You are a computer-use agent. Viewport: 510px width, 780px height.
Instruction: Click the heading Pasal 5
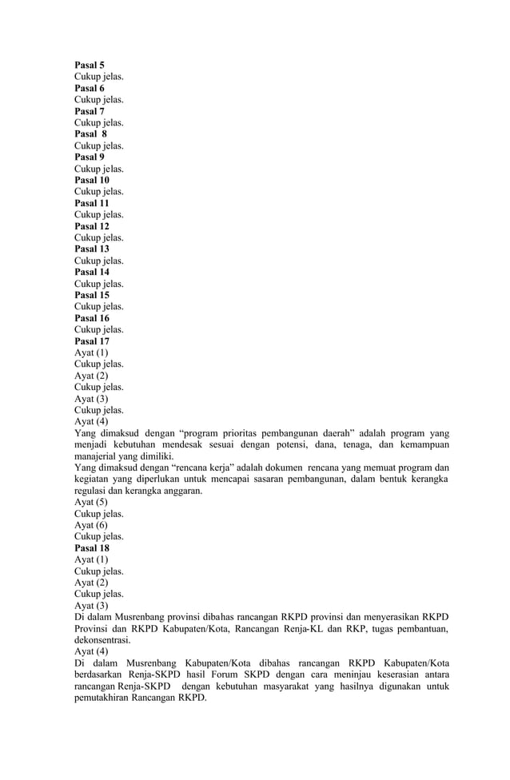click(x=90, y=66)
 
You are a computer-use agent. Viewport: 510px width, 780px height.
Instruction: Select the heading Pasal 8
click(x=91, y=134)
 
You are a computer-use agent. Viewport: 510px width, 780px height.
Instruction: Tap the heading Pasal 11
click(x=92, y=204)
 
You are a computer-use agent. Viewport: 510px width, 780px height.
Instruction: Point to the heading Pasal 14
click(x=92, y=273)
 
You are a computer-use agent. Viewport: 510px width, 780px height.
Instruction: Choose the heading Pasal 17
click(x=92, y=341)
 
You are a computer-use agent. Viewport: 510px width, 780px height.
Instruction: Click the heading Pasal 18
click(x=92, y=549)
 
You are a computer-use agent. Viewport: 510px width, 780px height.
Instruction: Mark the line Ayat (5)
click(x=91, y=503)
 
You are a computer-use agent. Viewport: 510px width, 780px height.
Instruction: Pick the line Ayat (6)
click(x=91, y=526)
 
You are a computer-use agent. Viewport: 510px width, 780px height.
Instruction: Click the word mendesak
click(x=213, y=445)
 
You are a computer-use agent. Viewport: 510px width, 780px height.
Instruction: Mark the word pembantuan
click(x=419, y=630)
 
